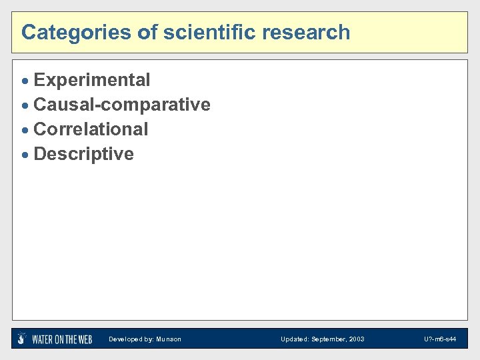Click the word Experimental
click(x=92, y=81)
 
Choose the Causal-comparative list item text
click(x=122, y=105)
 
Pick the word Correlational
click(x=91, y=129)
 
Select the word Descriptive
click(x=83, y=154)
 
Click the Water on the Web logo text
click(x=62, y=339)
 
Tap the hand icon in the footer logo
click(x=22, y=339)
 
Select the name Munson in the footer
click(x=169, y=339)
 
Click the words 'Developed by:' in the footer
click(x=131, y=339)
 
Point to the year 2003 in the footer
click(x=357, y=339)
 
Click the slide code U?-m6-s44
click(x=440, y=339)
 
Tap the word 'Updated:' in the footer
click(x=294, y=339)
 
